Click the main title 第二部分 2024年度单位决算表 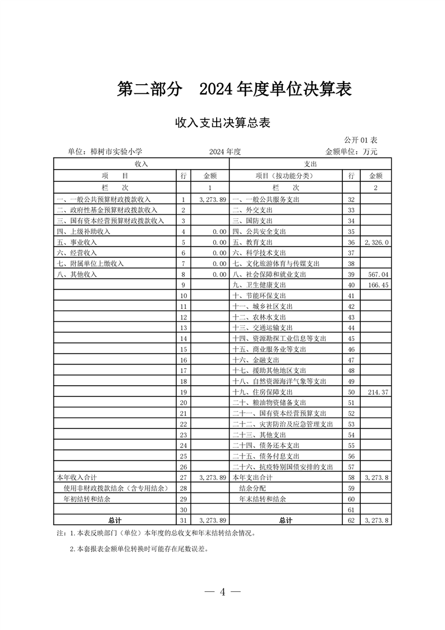point(234,89)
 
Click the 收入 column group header point(141,163)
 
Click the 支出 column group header point(310,163)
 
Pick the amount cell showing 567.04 point(377,274)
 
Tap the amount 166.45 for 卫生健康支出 point(377,285)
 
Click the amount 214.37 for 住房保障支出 point(377,391)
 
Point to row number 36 point(351,242)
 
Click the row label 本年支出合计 point(252,477)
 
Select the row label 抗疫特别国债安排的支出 point(283,467)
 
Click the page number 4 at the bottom point(223,592)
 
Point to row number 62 point(351,520)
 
